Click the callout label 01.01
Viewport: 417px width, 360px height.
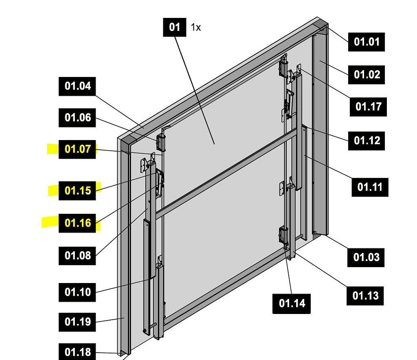tap(367, 42)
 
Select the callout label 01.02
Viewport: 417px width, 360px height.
tap(367, 75)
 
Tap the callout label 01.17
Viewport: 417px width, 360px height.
tap(368, 107)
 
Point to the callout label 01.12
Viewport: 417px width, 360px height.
tap(367, 140)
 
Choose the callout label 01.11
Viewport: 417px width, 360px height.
tap(370, 187)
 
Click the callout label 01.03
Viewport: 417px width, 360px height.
tap(366, 257)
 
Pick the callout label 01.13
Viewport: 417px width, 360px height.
tap(365, 295)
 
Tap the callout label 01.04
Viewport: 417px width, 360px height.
tap(77, 86)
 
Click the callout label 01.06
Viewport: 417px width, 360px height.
tap(77, 118)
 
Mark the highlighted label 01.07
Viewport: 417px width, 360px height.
tap(77, 149)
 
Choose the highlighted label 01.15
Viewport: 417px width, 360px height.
tap(77, 190)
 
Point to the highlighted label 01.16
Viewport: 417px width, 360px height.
tap(77, 223)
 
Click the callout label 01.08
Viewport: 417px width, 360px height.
tap(77, 256)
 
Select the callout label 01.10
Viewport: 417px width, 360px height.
tap(77, 292)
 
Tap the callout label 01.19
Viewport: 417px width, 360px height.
tap(77, 322)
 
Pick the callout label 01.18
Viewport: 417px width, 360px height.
tap(77, 352)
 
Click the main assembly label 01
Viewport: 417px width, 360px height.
tap(174, 27)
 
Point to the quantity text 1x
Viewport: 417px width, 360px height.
tap(196, 28)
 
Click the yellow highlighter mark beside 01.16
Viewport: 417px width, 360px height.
tap(50, 222)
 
